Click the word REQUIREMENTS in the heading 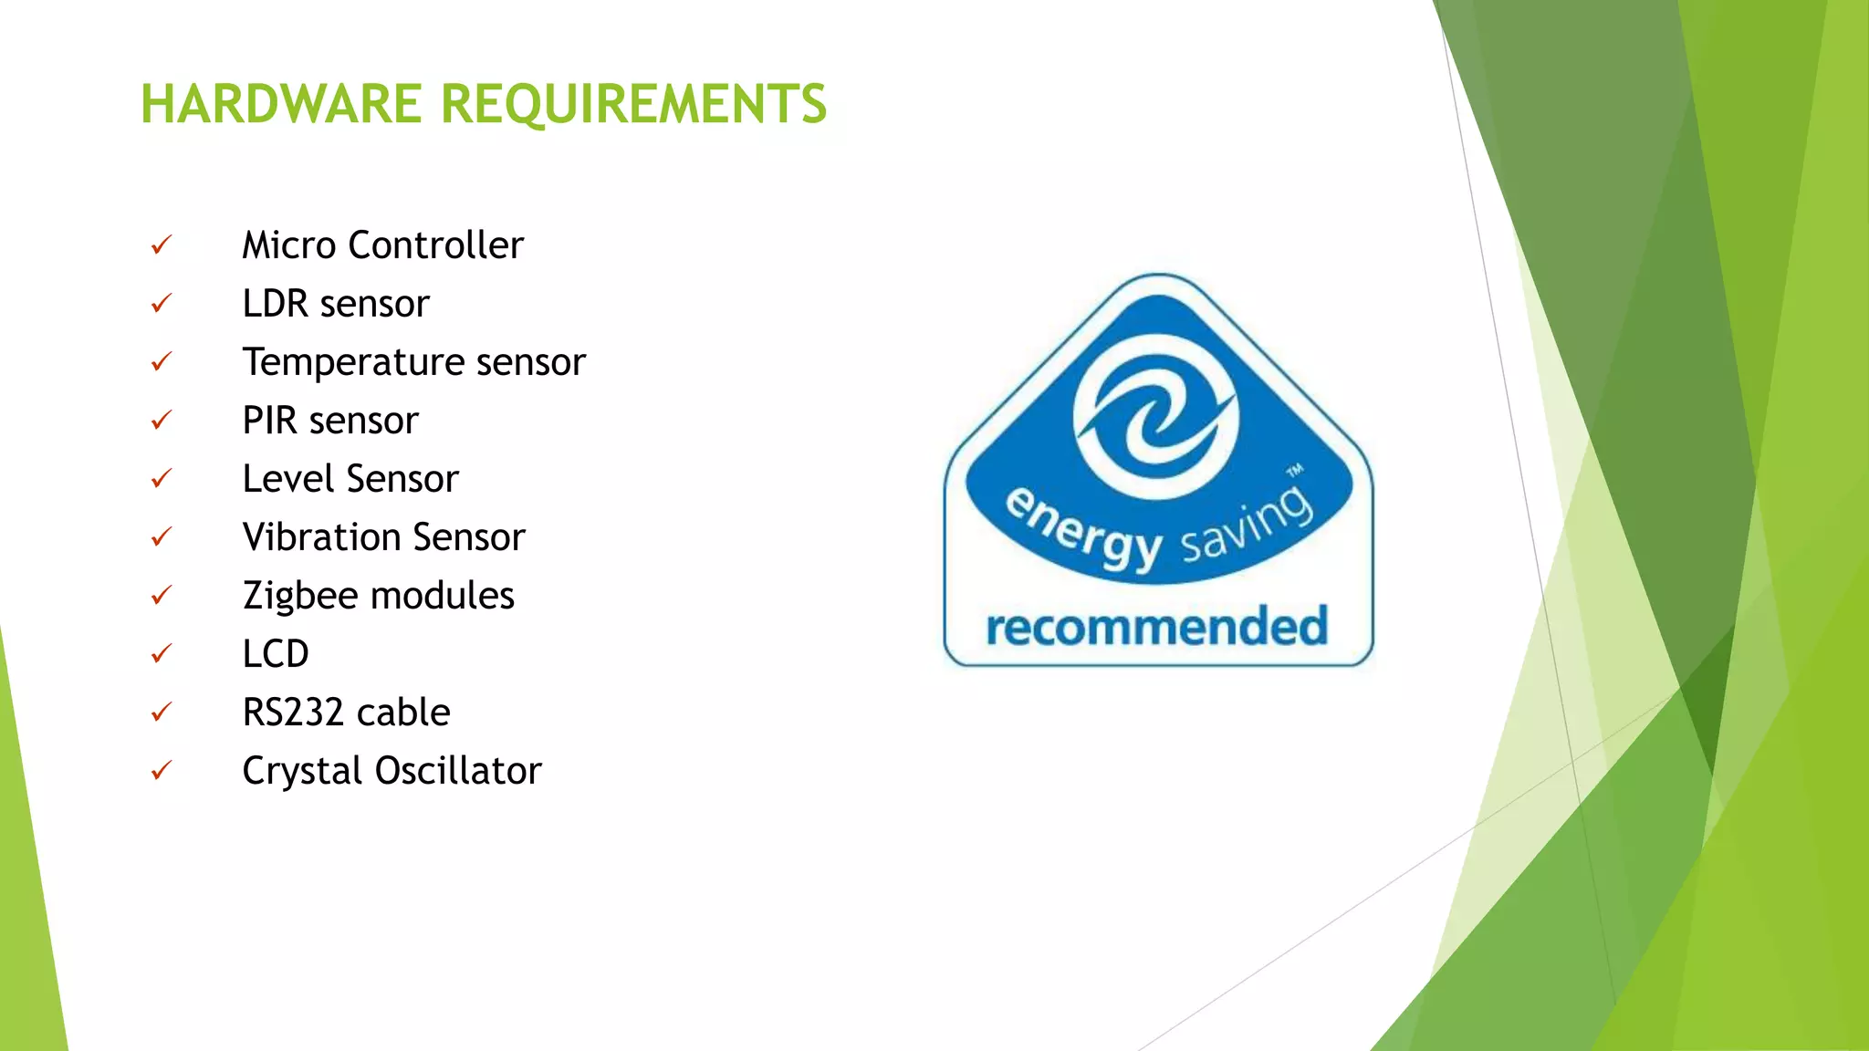(x=634, y=104)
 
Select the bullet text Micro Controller (x=382, y=245)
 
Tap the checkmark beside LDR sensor (x=162, y=303)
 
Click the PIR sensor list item (x=329, y=421)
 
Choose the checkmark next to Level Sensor (x=162, y=478)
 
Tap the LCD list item (x=275, y=654)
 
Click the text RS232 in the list (x=293, y=713)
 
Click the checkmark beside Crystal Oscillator (x=162, y=771)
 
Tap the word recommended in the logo (x=1156, y=628)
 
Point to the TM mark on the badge (x=1295, y=472)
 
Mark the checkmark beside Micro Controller (x=162, y=245)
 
